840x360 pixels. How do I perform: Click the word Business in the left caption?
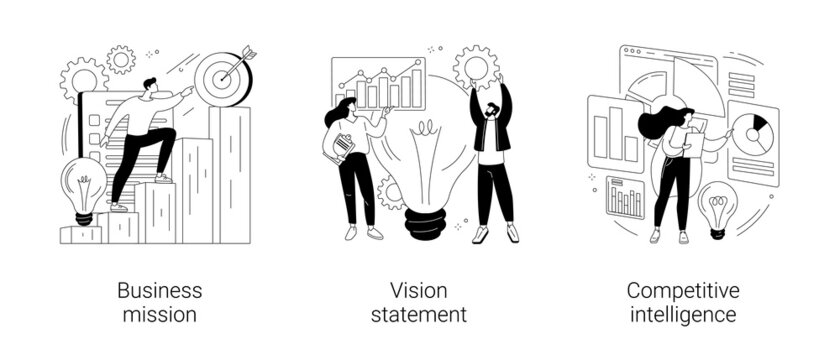[x=159, y=291]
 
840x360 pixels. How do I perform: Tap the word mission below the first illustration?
[x=159, y=315]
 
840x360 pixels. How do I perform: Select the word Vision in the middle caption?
[x=420, y=291]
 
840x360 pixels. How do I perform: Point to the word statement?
[x=420, y=315]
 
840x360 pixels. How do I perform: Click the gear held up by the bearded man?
[x=475, y=66]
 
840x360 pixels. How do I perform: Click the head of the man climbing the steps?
[x=150, y=87]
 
